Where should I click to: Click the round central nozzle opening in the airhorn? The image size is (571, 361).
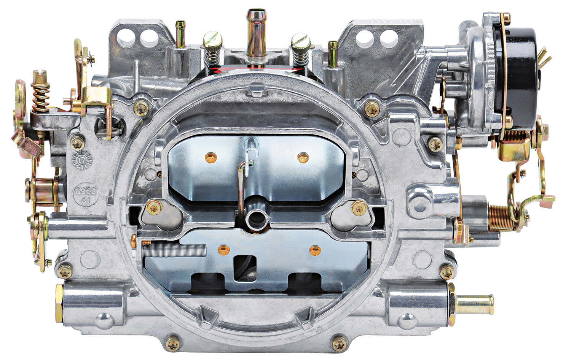[x=254, y=219]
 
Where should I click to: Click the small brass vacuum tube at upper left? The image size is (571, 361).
[x=180, y=34]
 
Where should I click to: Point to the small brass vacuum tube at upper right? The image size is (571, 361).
[x=333, y=53]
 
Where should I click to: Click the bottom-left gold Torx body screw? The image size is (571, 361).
[x=173, y=344]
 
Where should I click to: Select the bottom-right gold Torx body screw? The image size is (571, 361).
[x=339, y=344]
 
